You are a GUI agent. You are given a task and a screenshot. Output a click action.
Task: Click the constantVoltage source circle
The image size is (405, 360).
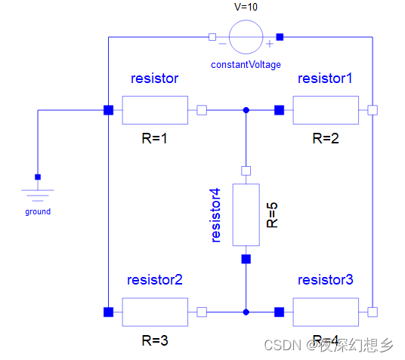[x=246, y=35]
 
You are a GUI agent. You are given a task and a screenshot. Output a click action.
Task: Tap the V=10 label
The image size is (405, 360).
[x=245, y=7]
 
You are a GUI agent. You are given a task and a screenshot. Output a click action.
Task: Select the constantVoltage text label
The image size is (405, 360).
[x=245, y=65]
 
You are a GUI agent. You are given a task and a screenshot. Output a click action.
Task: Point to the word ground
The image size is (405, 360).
[x=38, y=211]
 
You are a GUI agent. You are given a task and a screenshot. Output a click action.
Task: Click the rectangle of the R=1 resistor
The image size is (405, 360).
[x=154, y=110]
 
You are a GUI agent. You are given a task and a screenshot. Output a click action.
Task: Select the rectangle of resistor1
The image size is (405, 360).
[x=325, y=110]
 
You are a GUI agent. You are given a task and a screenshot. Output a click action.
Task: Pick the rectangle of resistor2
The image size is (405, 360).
[x=154, y=311]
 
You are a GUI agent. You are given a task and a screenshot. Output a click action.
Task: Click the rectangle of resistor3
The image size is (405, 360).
[x=325, y=311]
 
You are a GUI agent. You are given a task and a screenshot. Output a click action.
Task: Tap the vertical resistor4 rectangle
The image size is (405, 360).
[x=246, y=214]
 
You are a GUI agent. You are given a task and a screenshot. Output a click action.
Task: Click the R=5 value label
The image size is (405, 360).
[x=273, y=214]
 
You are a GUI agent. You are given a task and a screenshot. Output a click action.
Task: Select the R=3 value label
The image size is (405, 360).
[x=155, y=340]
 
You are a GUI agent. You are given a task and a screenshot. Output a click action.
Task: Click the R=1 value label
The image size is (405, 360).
[x=155, y=138]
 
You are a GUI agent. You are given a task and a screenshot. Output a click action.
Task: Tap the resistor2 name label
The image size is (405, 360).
[x=156, y=281]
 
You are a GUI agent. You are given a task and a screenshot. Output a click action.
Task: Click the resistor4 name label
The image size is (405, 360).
[x=217, y=215]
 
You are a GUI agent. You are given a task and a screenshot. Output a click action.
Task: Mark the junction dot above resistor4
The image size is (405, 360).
[x=246, y=110]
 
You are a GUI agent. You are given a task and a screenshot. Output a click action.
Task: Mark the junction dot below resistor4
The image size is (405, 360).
[x=246, y=311]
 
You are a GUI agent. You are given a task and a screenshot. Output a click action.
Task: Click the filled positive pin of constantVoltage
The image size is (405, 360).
[x=280, y=36]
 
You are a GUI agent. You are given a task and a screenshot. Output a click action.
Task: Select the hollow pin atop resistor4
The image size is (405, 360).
[x=246, y=170]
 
